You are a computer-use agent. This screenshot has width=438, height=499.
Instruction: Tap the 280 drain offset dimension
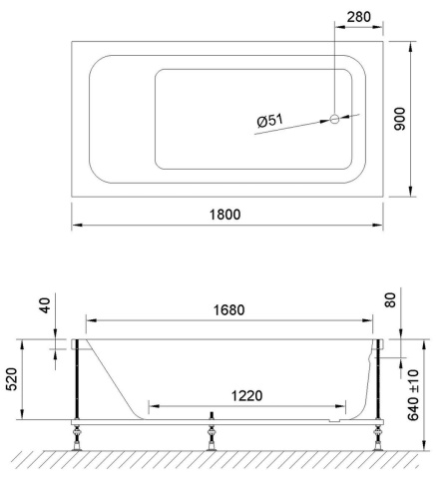pos(356,17)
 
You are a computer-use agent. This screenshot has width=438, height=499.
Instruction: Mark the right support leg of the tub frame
pos(379,384)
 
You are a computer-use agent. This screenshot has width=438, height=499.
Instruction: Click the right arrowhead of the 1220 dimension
pos(345,406)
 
